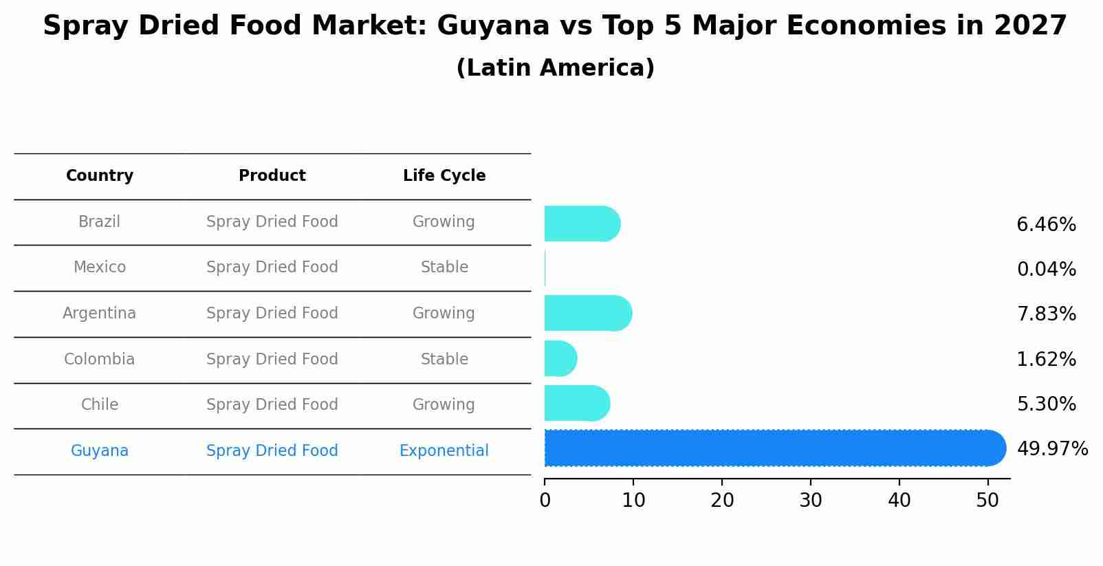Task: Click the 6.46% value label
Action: tap(1046, 225)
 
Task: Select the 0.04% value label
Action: tap(1046, 270)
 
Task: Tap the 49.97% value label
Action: tap(1052, 449)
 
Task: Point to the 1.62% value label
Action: tap(1046, 360)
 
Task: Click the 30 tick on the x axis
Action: tap(811, 501)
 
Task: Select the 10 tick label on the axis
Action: tap(633, 501)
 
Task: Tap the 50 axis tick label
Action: tap(987, 501)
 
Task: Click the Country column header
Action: tap(100, 176)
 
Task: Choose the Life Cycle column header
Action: tap(444, 176)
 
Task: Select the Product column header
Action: tap(272, 176)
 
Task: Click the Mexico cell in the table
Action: tap(100, 268)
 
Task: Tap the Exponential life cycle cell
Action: tap(444, 451)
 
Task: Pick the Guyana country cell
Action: tap(100, 451)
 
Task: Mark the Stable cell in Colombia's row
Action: tap(444, 360)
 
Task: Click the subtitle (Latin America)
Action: tap(555, 68)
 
